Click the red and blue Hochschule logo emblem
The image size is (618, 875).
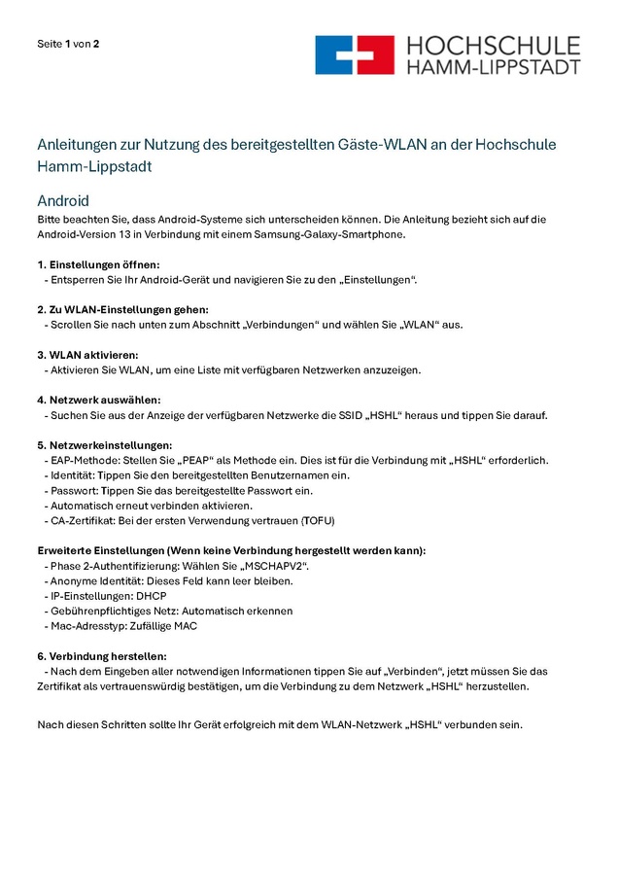355,55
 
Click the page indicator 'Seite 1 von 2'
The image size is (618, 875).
68,44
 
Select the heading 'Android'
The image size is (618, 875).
63,200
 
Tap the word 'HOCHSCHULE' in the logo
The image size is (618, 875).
493,46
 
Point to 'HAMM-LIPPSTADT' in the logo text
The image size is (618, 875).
493,67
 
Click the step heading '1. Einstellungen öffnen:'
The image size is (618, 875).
98,264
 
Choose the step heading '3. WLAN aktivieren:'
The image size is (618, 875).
87,354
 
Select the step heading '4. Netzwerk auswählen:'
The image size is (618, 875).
99,400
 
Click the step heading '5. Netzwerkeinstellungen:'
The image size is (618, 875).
105,444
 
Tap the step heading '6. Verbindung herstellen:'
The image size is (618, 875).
102,656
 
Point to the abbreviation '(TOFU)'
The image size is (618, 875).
317,521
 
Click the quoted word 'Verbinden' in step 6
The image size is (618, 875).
415,671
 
